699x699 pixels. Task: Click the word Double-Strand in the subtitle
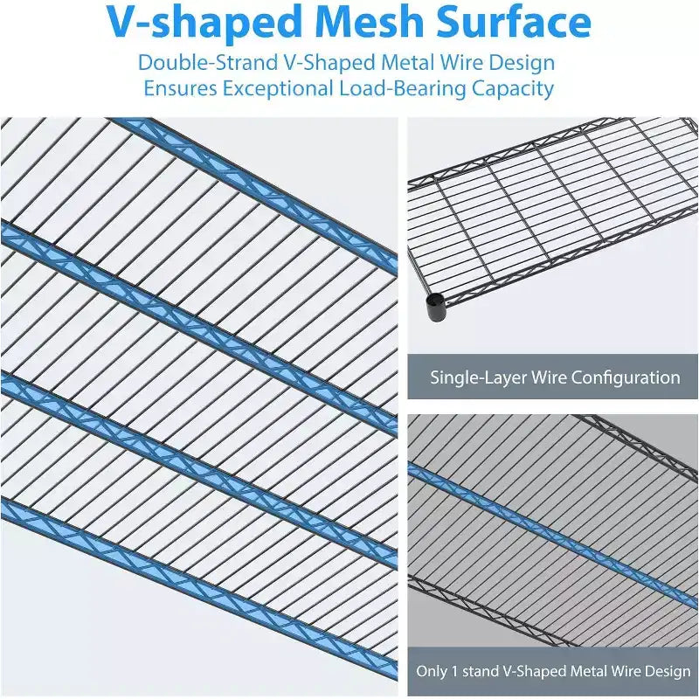click(208, 63)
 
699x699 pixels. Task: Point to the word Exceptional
click(278, 88)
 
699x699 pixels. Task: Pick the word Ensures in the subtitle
click(180, 88)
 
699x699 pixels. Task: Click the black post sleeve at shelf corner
click(435, 307)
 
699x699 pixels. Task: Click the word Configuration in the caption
click(626, 378)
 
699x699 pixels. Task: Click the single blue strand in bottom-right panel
click(553, 535)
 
